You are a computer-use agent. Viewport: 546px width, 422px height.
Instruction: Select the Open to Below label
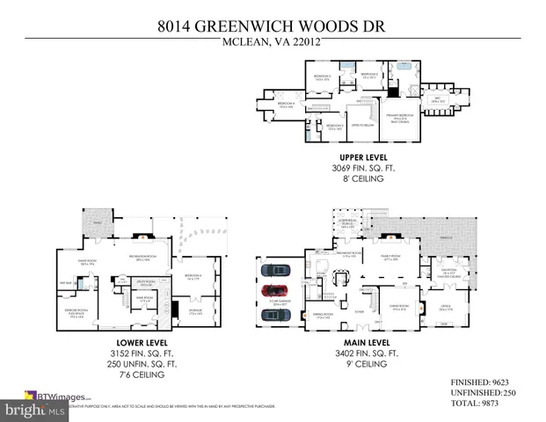coord(359,125)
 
